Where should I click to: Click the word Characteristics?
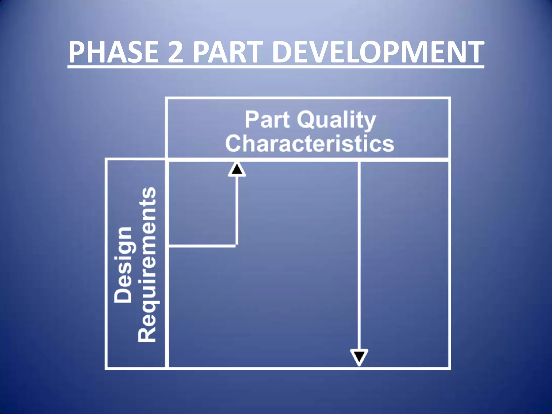[x=310, y=143]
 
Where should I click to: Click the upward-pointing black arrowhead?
[x=237, y=170]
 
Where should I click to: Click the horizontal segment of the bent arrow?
[x=202, y=246]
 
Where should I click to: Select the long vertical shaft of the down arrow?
[x=359, y=256]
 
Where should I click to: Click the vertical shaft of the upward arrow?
[x=237, y=210]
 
